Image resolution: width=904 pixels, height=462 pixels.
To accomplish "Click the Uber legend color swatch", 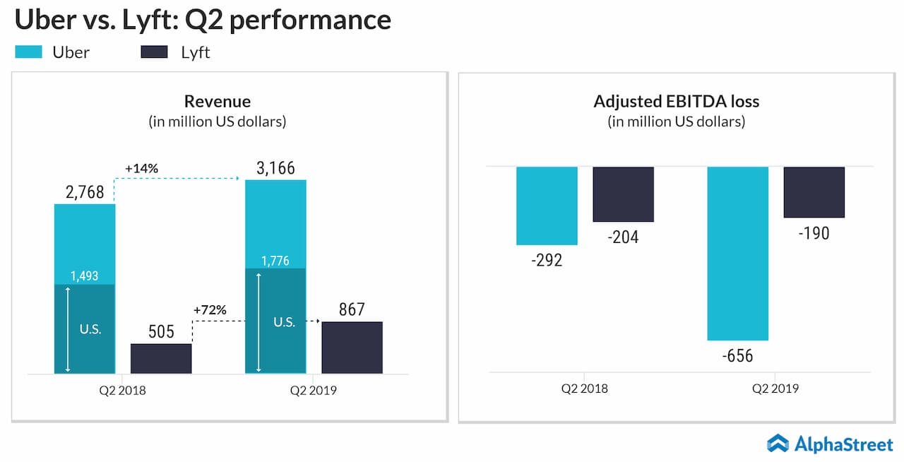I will coord(29,52).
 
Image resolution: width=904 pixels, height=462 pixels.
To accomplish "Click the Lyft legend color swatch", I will coord(154,52).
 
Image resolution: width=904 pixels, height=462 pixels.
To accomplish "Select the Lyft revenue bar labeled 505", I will coord(161,358).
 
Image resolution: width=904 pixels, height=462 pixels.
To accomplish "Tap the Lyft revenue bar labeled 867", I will coord(352,347).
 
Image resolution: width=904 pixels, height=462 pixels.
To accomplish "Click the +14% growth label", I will coord(141,169).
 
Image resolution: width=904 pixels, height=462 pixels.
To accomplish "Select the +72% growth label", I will coord(209,310).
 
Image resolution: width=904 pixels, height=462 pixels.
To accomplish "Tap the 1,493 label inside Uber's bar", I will coord(85,276).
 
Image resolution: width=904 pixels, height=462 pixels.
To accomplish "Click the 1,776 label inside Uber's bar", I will coord(275,261).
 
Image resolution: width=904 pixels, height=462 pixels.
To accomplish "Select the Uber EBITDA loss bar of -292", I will coord(547,206).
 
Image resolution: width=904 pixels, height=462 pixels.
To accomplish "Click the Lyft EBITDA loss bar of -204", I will coord(623,194).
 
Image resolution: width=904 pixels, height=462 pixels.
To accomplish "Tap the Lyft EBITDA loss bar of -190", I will coord(814,192).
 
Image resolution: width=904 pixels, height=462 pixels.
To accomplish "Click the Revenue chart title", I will coord(218,102).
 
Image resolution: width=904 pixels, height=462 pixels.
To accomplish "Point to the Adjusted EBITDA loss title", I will coord(676,102).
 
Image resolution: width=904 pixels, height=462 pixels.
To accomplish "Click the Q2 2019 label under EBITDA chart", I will coord(775,389).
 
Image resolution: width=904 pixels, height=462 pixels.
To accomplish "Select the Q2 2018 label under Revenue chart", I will coord(122,390).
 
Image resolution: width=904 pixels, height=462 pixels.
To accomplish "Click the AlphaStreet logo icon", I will coord(778,443).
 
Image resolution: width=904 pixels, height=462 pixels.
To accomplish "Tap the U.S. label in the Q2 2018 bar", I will coord(90,329).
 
